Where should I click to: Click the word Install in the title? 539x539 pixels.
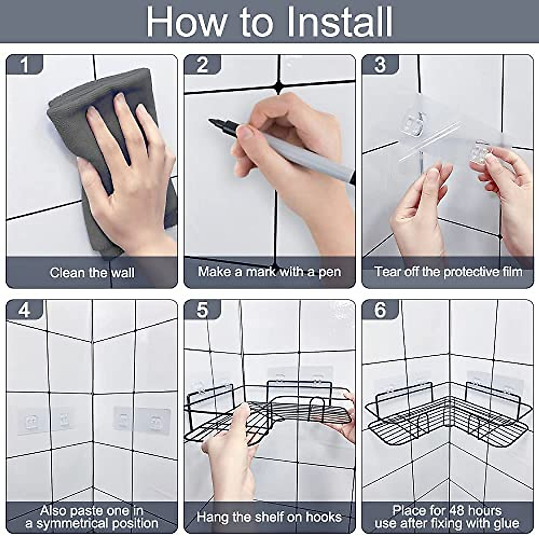pyautogui.click(x=340, y=22)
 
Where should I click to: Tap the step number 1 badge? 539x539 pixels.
pyautogui.click(x=25, y=65)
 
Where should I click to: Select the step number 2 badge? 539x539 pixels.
pyautogui.click(x=203, y=65)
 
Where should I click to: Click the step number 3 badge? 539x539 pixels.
pyautogui.click(x=380, y=65)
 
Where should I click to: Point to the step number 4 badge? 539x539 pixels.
pyautogui.click(x=25, y=309)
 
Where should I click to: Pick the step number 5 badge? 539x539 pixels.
pyautogui.click(x=203, y=309)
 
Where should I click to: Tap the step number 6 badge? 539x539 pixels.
pyautogui.click(x=380, y=309)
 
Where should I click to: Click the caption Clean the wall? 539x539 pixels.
pyautogui.click(x=92, y=273)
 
